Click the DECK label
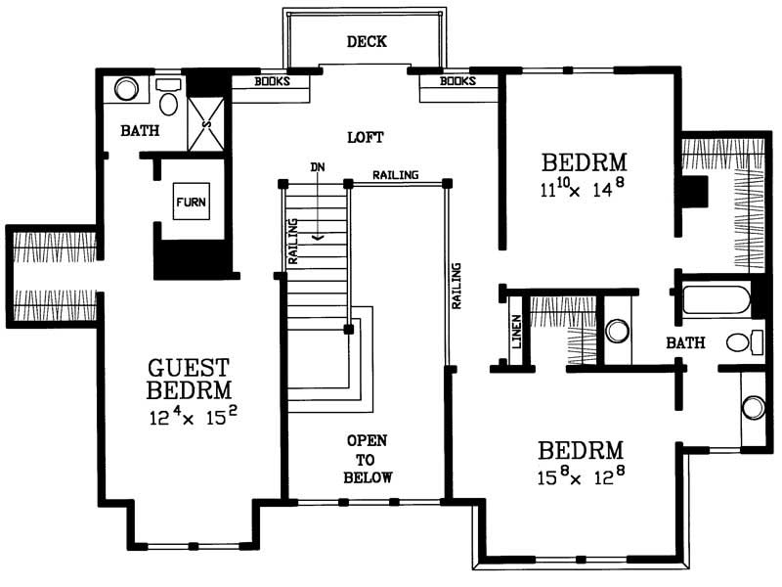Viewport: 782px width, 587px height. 367,41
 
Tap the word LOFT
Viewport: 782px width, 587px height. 365,136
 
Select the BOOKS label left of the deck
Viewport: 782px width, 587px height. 273,81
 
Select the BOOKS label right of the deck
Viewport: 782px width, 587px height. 456,81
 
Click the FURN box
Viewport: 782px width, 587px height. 191,203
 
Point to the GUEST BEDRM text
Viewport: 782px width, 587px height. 189,380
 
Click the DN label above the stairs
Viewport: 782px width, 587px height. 317,168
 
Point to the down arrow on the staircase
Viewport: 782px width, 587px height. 317,235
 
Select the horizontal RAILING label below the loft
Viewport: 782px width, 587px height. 395,175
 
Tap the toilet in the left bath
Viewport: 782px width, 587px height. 168,100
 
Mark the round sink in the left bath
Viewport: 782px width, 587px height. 126,89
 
